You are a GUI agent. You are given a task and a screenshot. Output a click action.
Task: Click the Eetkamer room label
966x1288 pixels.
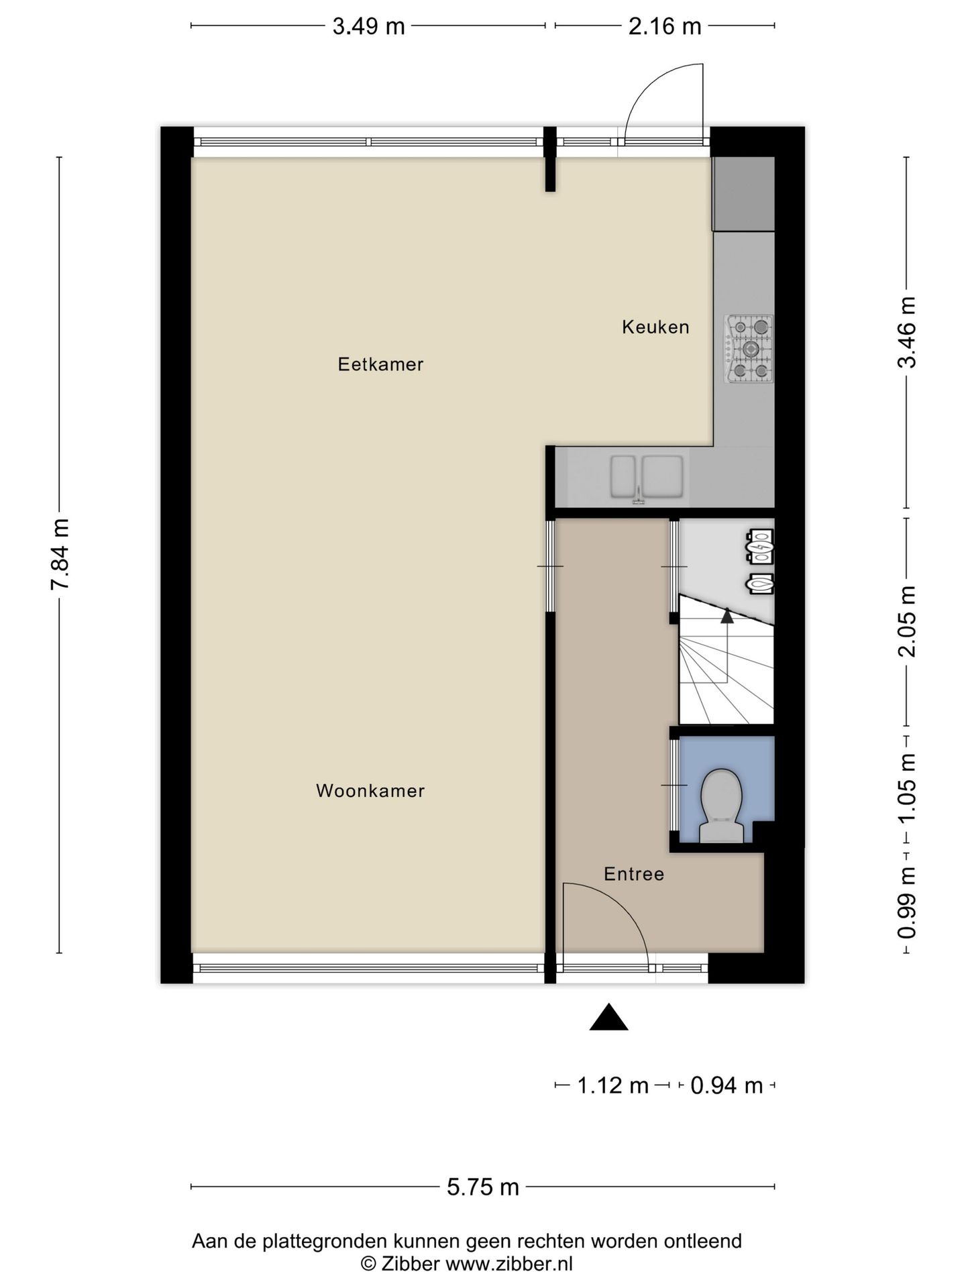point(380,364)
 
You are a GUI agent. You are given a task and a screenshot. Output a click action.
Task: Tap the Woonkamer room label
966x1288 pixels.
point(370,791)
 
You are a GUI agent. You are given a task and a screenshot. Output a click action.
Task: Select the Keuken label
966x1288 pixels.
point(655,327)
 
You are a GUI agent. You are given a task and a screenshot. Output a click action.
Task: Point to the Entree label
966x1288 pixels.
point(634,874)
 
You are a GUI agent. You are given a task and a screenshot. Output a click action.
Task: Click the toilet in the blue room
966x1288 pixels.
point(721,805)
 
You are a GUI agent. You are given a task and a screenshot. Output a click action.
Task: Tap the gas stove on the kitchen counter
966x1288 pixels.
point(749,349)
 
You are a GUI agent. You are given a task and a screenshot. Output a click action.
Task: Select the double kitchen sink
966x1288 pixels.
point(647,478)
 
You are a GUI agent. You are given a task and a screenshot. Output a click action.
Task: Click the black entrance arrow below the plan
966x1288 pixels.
point(608,1017)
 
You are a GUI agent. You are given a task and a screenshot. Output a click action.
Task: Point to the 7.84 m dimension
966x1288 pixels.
point(60,554)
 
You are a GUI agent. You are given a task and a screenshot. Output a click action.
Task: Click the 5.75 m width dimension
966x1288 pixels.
point(483,1187)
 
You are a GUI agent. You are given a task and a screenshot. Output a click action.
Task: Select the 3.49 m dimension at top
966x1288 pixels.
point(369,26)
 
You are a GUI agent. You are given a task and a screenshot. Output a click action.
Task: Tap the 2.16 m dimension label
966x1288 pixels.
point(665,26)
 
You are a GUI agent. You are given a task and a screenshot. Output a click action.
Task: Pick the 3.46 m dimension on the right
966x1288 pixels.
point(907,332)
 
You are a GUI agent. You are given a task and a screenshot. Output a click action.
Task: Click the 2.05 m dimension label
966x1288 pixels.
point(907,622)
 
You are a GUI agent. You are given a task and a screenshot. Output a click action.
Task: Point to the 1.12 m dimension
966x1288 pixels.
point(613,1085)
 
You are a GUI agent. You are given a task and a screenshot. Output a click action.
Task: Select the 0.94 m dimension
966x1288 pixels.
point(727,1085)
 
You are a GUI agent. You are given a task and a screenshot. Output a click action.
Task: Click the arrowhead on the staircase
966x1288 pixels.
point(727,615)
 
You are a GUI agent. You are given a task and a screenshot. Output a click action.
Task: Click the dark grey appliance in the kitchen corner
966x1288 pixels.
point(743,195)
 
